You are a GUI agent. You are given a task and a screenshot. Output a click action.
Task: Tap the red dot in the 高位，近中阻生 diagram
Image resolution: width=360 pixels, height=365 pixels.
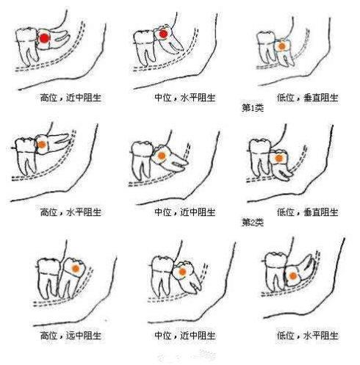tap(45, 38)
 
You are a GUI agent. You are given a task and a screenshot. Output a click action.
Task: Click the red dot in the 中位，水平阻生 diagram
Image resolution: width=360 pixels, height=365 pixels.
tap(162, 35)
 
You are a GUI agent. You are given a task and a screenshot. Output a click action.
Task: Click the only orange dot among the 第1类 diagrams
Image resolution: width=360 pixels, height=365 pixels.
tap(281, 46)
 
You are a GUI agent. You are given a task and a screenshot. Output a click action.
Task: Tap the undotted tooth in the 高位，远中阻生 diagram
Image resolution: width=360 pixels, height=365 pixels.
tap(48, 275)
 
